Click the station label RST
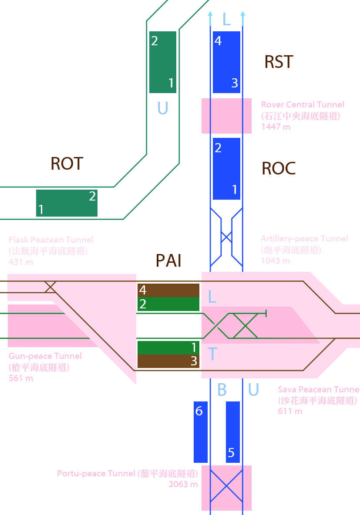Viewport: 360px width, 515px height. (x=279, y=62)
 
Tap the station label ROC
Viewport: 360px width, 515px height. (x=279, y=168)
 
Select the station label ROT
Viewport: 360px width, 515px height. (x=67, y=164)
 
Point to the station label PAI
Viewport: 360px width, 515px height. (x=168, y=261)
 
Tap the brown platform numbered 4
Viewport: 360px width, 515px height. (x=168, y=290)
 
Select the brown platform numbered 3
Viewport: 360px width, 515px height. (x=168, y=361)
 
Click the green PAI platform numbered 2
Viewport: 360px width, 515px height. (x=168, y=304)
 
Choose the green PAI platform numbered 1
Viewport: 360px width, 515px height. (x=168, y=348)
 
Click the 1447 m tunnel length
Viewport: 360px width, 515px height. (x=276, y=127)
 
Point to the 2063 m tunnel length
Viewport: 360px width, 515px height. (x=183, y=485)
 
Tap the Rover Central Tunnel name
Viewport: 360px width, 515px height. (x=303, y=104)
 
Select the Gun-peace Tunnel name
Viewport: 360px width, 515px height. (x=45, y=356)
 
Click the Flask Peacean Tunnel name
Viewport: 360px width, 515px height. (x=51, y=240)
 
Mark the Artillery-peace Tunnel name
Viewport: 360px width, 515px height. (x=304, y=238)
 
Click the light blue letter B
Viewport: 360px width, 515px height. (x=222, y=390)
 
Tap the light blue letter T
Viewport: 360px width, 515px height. (x=212, y=354)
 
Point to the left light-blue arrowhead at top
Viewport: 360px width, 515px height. (x=210, y=15)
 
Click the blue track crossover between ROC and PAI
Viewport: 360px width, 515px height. (x=226, y=237)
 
